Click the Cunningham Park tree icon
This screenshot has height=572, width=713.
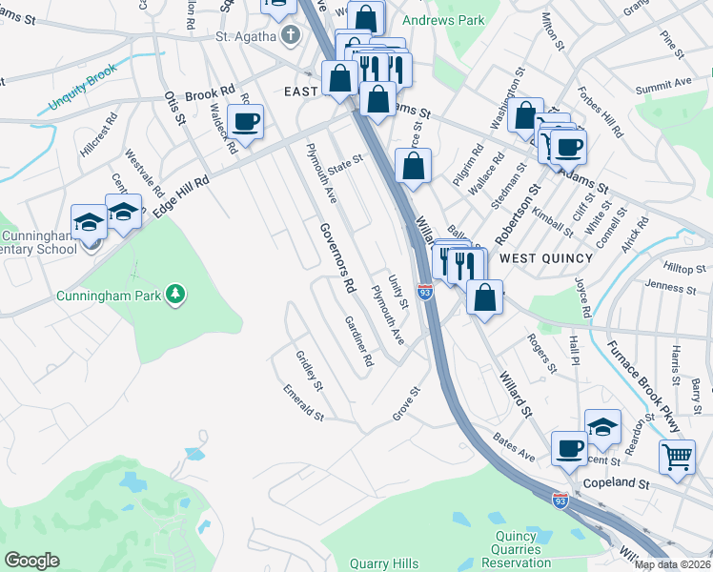pos(174,295)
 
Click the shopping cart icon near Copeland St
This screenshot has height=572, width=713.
pos(677,458)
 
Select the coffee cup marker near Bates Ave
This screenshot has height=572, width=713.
pos(570,448)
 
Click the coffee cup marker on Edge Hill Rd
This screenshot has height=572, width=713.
pos(245,122)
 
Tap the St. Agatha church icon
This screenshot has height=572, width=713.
pos(292,36)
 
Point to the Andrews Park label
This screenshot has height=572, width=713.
pos(443,19)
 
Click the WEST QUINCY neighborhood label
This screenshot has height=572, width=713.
pos(546,258)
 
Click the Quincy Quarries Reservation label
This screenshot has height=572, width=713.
pos(521,556)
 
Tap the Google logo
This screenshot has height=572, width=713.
pos(31,561)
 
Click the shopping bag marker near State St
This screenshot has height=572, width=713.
pos(413,166)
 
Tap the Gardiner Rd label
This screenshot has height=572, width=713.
pos(359,341)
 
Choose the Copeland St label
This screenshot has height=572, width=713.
pos(616,484)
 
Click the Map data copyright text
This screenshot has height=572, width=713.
pos(672,564)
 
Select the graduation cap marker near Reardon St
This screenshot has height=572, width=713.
pos(602,427)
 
